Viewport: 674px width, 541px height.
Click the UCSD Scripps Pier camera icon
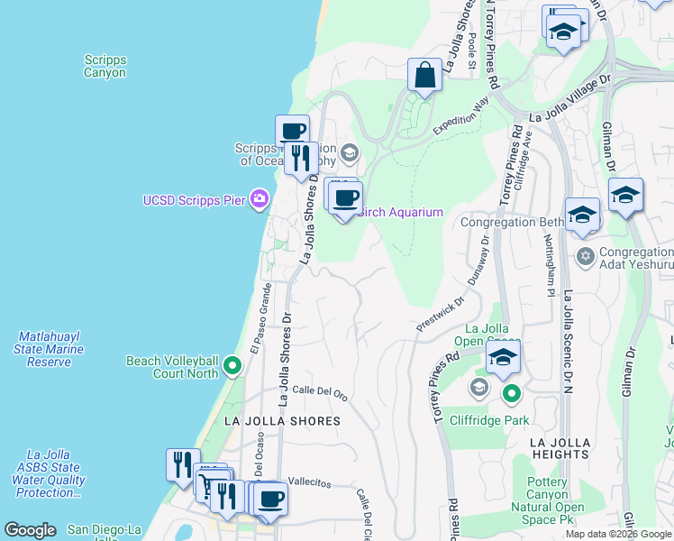(260, 198)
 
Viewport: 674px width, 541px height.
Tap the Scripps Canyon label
(105, 66)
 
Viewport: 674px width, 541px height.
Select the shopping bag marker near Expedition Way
(424, 76)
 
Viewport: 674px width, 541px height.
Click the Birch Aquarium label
(401, 212)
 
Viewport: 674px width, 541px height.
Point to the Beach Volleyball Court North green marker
(232, 366)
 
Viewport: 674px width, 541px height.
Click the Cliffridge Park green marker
(512, 393)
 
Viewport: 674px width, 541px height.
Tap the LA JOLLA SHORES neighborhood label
(282, 421)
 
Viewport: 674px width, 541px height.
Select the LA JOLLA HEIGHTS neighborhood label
(560, 448)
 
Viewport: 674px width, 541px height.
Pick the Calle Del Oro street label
(320, 392)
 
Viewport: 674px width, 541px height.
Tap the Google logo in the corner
(30, 530)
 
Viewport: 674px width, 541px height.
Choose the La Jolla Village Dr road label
(569, 99)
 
